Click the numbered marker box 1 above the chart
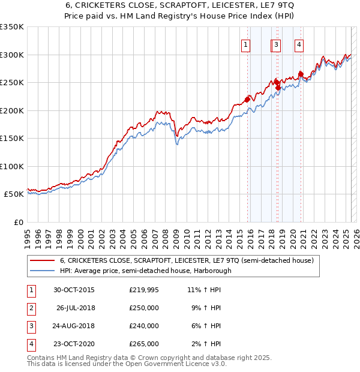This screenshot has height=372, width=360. [x=247, y=44]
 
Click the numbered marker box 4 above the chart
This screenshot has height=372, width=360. [x=299, y=44]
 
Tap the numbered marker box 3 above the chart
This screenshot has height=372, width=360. [x=276, y=44]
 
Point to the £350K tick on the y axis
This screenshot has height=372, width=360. [x=12, y=27]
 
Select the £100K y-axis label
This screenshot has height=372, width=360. [x=12, y=166]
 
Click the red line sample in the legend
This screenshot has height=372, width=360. [x=43, y=261]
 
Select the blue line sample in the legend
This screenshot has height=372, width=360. [x=43, y=271]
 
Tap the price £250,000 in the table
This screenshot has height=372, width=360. [x=144, y=308]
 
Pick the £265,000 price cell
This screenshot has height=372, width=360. [x=144, y=344]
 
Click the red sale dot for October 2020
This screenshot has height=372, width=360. [x=301, y=73]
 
